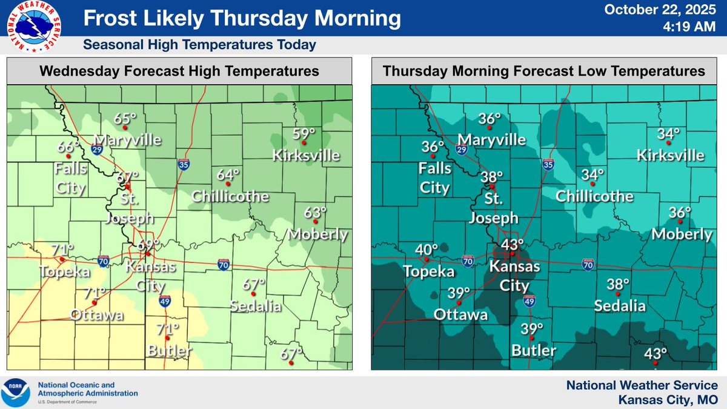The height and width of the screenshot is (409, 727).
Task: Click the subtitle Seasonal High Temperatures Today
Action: coord(199,45)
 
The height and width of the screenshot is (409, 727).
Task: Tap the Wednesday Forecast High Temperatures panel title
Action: coord(179,71)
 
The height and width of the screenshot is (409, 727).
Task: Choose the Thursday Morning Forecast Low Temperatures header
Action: coord(543,71)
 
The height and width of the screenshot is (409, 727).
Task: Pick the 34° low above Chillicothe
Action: coord(593,175)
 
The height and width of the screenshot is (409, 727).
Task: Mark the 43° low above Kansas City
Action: coord(511,244)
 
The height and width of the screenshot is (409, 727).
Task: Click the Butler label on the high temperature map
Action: coord(170,350)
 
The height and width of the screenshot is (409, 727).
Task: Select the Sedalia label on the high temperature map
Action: coord(255,306)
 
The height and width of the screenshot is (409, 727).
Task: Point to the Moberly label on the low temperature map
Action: coord(682,234)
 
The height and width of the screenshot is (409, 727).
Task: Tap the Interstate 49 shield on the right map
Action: coord(529,301)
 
